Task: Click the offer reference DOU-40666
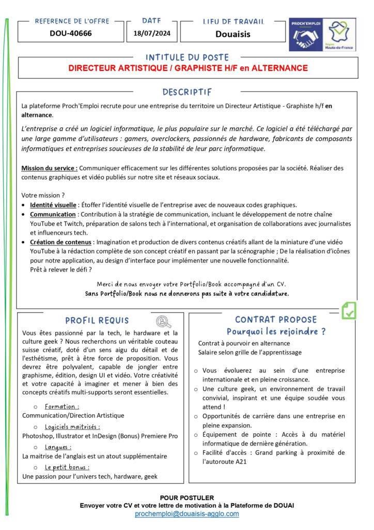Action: pyautogui.click(x=71, y=34)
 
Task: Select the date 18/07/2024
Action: pyautogui.click(x=151, y=34)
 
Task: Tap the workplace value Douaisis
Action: pyautogui.click(x=232, y=34)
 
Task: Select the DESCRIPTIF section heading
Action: pyautogui.click(x=187, y=92)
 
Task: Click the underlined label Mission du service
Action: pyautogui.click(x=49, y=168)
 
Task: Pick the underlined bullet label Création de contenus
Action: pyautogui.click(x=61, y=242)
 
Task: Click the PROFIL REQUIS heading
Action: pyautogui.click(x=97, y=321)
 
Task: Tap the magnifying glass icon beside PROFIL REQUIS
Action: pyautogui.click(x=164, y=321)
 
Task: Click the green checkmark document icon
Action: pyautogui.click(x=349, y=311)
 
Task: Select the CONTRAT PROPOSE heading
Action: pyautogui.click(x=276, y=319)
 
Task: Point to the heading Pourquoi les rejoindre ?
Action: pyautogui.click(x=276, y=331)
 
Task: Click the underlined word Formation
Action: pyautogui.click(x=61, y=406)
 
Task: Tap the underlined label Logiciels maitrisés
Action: pyautogui.click(x=72, y=426)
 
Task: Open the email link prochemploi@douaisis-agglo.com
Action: pyautogui.click(x=187, y=514)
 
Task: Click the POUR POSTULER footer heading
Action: pyautogui.click(x=186, y=497)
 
